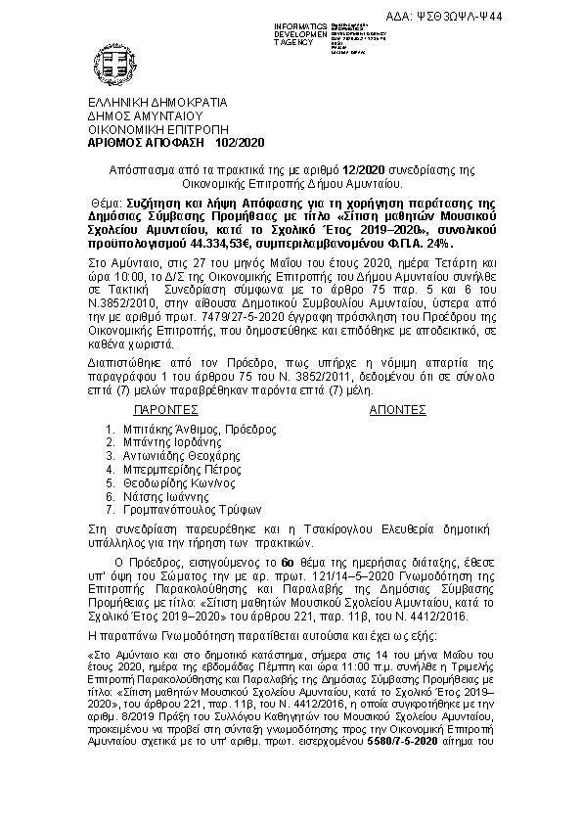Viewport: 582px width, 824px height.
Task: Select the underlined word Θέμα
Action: point(96,203)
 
